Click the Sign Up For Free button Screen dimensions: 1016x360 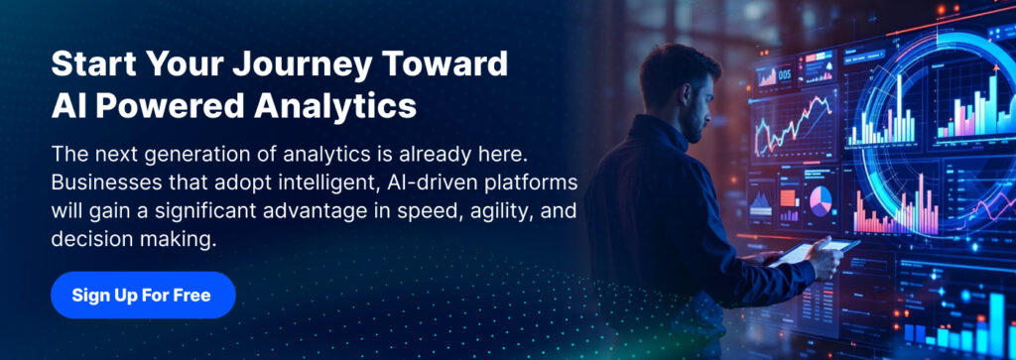(x=143, y=296)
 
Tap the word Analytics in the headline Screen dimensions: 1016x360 (x=335, y=105)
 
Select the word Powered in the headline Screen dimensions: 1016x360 (x=171, y=105)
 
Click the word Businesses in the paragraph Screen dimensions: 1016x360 (x=101, y=182)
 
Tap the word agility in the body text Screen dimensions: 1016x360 (x=492, y=211)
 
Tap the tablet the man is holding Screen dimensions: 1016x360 (x=815, y=251)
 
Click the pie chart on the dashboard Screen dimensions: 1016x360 (x=821, y=201)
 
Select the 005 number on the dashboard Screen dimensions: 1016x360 (x=784, y=75)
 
